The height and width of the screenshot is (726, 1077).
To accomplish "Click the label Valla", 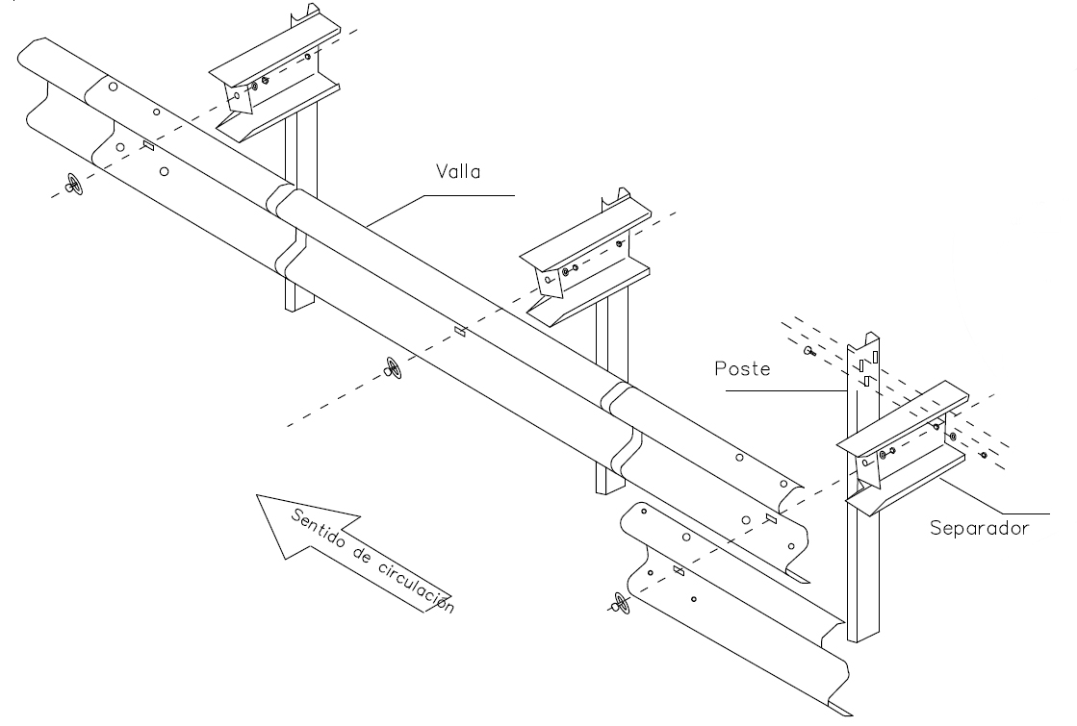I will pyautogui.click(x=457, y=173).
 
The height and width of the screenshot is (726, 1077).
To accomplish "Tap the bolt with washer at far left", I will pyautogui.click(x=73, y=184).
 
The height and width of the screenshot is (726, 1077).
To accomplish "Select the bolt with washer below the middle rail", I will pyautogui.click(x=393, y=366).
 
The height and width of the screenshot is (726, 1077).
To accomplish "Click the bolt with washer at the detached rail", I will pyautogui.click(x=618, y=604).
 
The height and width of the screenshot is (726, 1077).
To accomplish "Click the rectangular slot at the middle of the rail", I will pyautogui.click(x=460, y=332).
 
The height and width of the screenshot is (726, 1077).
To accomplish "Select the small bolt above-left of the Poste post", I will pyautogui.click(x=808, y=354).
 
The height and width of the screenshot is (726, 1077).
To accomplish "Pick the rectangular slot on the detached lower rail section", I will pyautogui.click(x=679, y=570).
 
